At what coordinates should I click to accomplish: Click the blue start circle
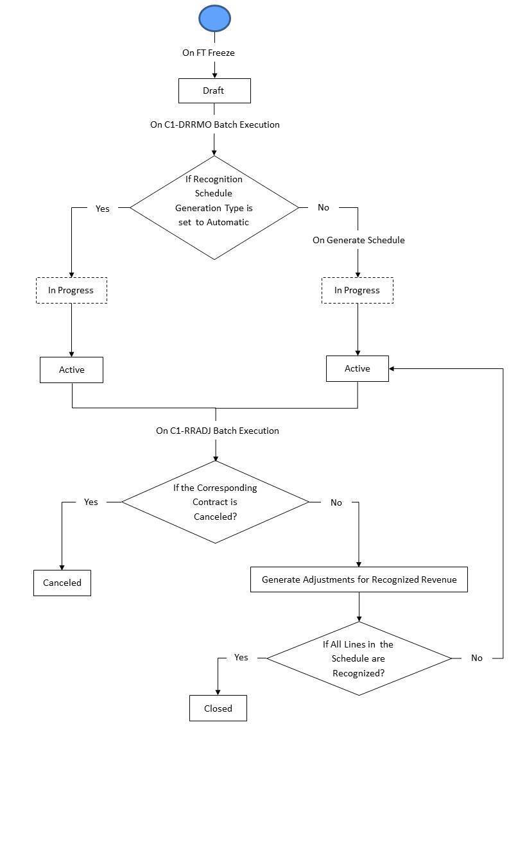tap(214, 18)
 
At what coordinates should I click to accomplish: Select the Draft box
tap(214, 90)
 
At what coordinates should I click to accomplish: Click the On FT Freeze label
tap(209, 53)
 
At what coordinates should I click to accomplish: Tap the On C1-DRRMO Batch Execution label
tap(215, 124)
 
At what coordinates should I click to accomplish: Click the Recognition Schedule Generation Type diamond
tap(214, 207)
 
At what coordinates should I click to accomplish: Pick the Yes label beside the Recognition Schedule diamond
tap(102, 209)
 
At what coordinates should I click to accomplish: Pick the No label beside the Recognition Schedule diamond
tap(324, 207)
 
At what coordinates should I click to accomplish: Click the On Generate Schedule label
tap(358, 240)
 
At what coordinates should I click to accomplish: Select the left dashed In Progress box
tap(71, 290)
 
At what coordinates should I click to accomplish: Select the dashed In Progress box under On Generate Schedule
tap(357, 290)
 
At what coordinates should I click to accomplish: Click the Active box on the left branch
tap(71, 370)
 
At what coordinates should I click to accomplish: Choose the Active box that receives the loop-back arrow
tap(357, 368)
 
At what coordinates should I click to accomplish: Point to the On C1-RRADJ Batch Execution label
tap(218, 431)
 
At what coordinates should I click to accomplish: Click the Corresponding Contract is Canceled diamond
tap(215, 502)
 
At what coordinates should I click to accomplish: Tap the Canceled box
tap(62, 583)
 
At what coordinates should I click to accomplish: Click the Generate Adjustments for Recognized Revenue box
tap(359, 579)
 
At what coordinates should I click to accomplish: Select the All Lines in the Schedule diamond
tap(358, 658)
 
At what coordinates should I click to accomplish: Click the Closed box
tap(218, 708)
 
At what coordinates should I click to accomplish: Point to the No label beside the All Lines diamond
tap(476, 658)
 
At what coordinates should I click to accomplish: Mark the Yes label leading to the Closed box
tap(241, 657)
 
